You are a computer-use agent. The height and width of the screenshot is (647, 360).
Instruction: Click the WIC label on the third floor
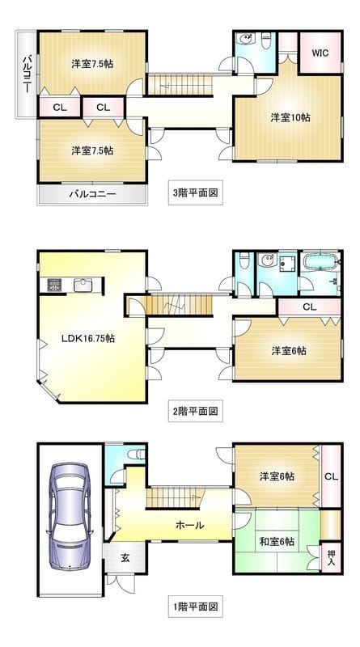[320, 53]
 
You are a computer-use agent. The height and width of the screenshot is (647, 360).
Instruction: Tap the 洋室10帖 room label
[290, 116]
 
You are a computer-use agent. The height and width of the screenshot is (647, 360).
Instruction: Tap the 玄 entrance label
[125, 557]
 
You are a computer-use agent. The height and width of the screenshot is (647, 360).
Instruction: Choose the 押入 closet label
[331, 558]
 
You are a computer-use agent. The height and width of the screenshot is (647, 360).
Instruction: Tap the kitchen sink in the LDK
[83, 284]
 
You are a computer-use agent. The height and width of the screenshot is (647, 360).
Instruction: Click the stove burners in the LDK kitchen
[55, 284]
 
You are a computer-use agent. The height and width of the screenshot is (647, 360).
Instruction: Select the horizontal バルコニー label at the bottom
[91, 194]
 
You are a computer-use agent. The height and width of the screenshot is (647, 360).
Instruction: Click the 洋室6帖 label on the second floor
[288, 350]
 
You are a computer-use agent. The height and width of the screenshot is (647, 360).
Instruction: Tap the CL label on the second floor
[309, 307]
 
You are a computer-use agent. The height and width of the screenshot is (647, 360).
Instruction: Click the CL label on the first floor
[330, 476]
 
